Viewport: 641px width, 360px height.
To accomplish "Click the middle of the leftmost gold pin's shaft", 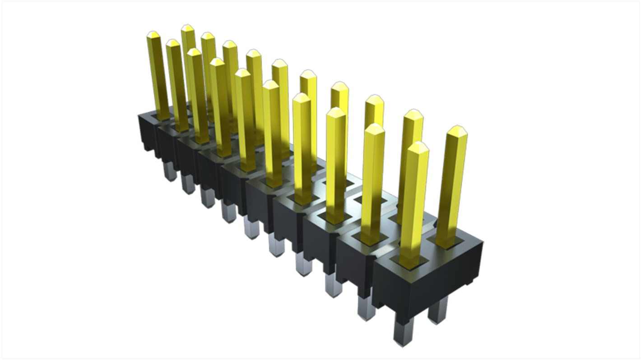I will (158, 77).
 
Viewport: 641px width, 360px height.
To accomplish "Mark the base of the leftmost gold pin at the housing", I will (163, 116).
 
